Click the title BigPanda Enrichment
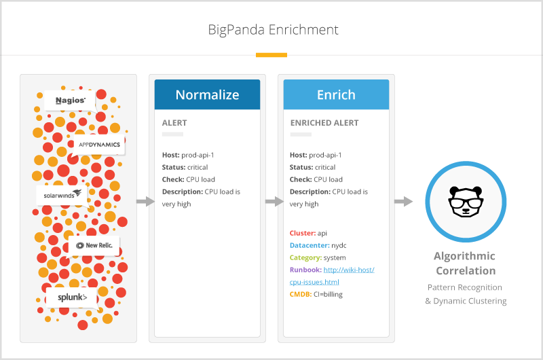coord(271,30)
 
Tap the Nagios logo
coord(70,101)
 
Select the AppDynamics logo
coord(99,145)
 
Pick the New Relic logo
coord(94,245)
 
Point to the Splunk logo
coord(71,298)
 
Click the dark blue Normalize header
coord(207,94)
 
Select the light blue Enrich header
coord(336,94)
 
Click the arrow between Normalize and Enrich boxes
coord(274,202)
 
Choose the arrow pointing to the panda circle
coord(403,202)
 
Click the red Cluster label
coord(303,233)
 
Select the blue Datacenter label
coord(310,245)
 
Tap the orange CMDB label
coord(301,294)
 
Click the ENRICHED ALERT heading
coord(324,123)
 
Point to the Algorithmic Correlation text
coord(465,264)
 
